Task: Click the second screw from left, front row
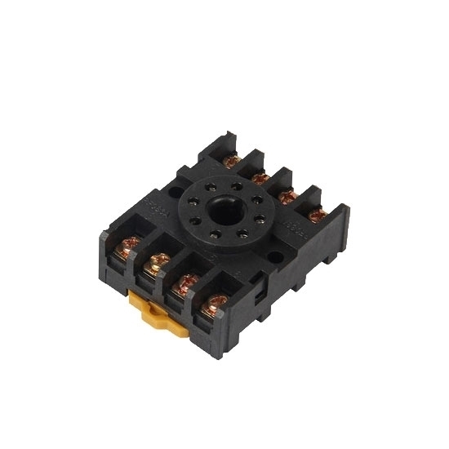(158, 265)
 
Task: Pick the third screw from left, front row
(186, 284)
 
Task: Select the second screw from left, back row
(260, 176)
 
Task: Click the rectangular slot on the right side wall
(260, 285)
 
